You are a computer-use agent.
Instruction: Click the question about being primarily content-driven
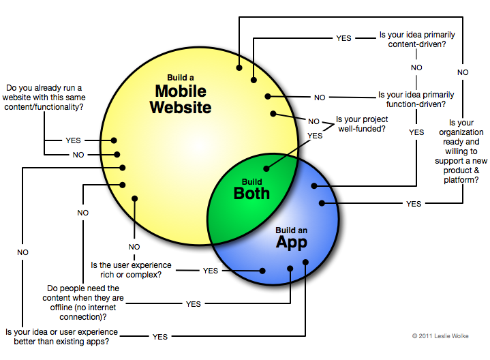[416, 40]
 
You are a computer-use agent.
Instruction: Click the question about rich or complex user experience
[131, 270]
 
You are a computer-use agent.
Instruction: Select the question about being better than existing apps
[61, 337]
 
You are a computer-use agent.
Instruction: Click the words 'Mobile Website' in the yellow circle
[183, 98]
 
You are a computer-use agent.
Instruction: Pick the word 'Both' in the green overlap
[251, 192]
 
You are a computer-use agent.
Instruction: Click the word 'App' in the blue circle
[291, 242]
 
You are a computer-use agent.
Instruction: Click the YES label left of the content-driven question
[343, 38]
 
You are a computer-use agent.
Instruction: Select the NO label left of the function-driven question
[320, 97]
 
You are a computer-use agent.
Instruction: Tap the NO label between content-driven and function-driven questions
[416, 67]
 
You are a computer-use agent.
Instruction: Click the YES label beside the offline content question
[193, 304]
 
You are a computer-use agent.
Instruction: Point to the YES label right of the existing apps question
[160, 337]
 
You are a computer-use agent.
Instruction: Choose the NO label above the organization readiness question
[463, 72]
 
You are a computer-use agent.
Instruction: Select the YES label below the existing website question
[73, 140]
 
